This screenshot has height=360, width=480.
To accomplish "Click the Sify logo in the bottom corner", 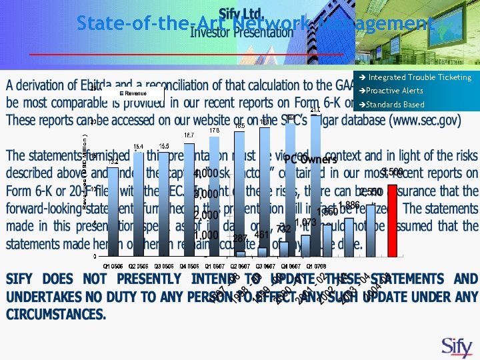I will click(x=457, y=346).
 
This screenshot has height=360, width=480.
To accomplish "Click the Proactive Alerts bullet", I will click(x=395, y=91).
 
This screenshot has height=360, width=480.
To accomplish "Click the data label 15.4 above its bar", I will click(x=138, y=147).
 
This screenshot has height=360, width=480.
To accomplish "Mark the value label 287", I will click(x=240, y=238).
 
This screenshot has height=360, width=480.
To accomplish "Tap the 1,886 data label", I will click(x=349, y=205).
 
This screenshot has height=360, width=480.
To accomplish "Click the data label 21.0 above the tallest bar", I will click(x=315, y=110).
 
